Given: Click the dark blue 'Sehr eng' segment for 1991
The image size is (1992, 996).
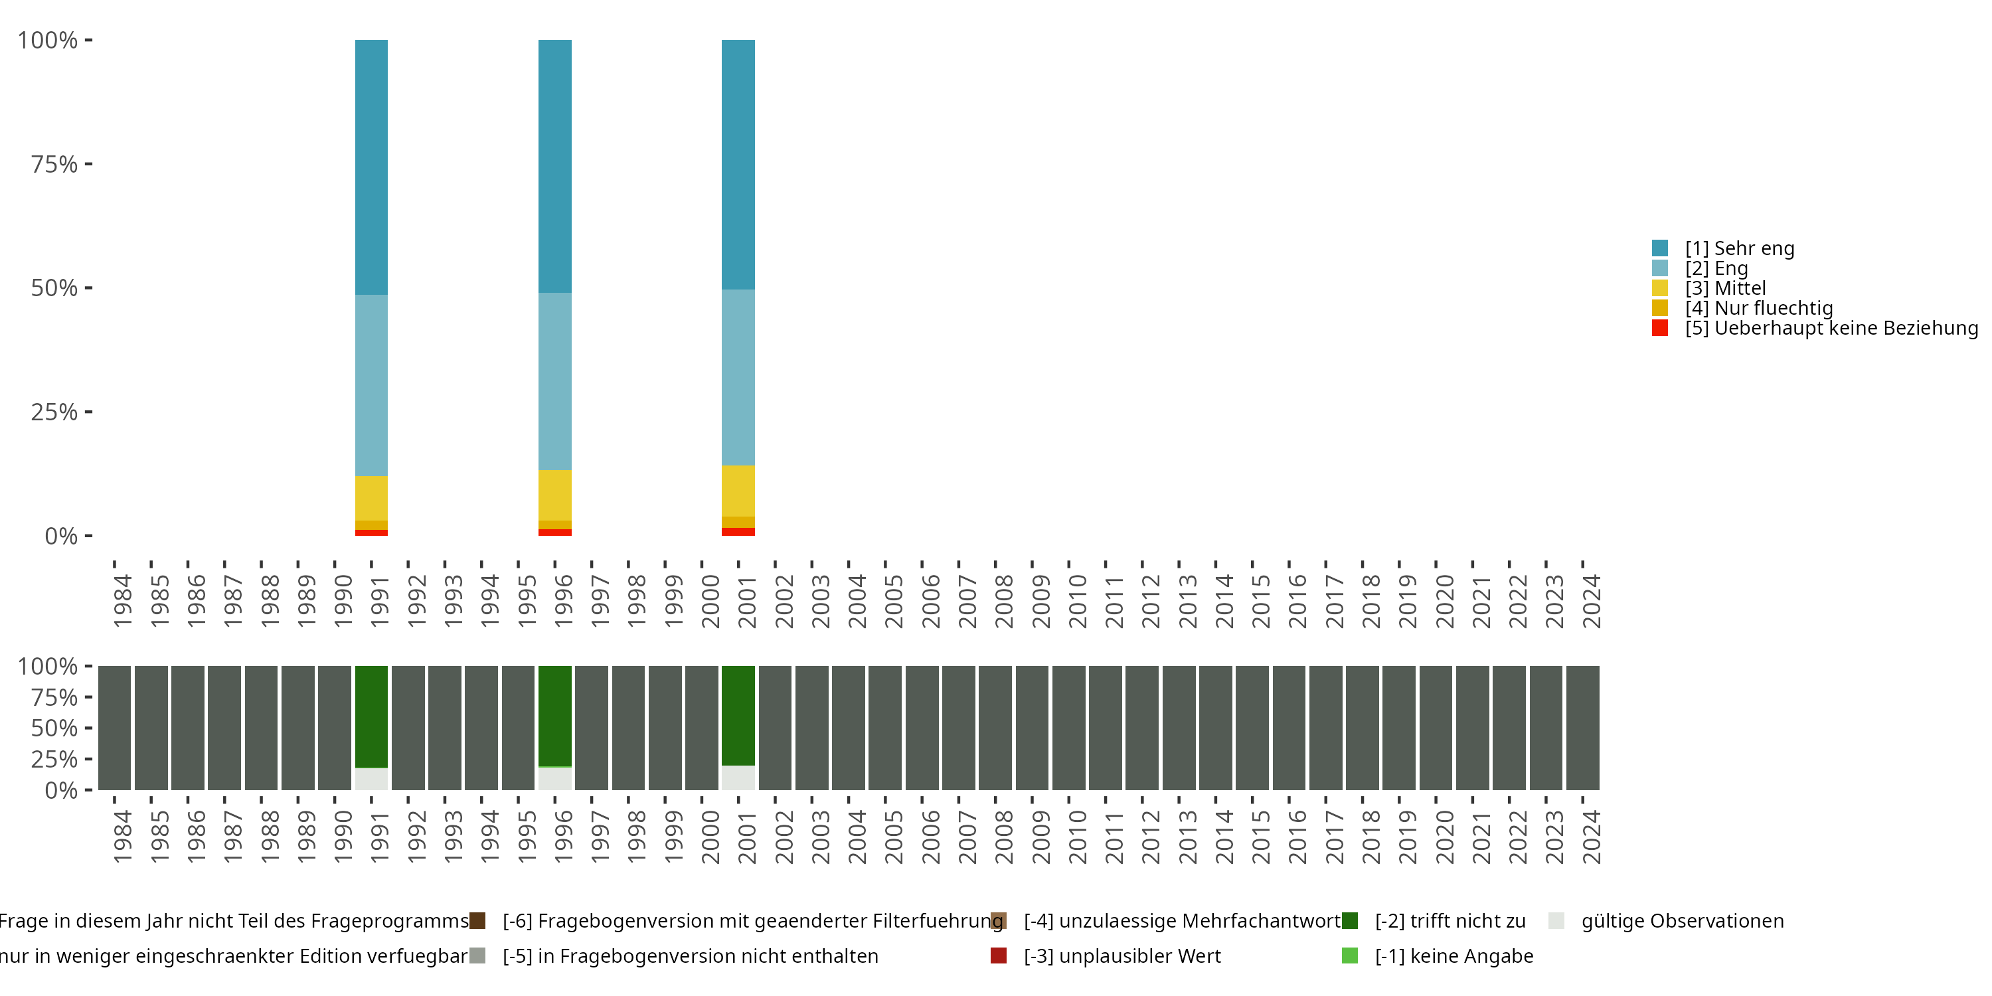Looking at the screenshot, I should [371, 166].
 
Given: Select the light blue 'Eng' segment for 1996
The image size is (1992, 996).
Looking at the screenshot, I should [554, 380].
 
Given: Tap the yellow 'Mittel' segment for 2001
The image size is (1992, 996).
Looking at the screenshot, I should [738, 490].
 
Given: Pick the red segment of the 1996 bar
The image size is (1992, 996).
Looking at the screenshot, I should [554, 532].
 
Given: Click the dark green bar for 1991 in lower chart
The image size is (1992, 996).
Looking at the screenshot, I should [371, 716].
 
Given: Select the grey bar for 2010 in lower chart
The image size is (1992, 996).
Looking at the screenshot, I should [1068, 728].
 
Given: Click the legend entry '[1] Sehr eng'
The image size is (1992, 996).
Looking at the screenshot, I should [1739, 248].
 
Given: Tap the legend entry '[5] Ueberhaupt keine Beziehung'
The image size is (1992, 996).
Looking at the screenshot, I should [1829, 328].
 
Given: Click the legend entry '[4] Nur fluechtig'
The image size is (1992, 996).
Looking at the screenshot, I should [1758, 308].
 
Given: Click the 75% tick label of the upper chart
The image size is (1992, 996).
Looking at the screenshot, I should [54, 164].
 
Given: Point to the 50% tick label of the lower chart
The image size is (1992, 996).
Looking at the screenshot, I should [54, 728].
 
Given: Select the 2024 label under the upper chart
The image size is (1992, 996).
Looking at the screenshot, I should [1591, 601].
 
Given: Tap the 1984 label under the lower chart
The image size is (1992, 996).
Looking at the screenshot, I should [122, 837].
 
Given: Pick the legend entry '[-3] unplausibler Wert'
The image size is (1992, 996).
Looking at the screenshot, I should [1121, 955].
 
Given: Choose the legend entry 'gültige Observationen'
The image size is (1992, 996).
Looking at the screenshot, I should [1682, 921].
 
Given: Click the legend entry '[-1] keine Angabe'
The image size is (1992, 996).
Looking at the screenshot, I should [1453, 955].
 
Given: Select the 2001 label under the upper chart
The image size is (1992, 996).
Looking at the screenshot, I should [746, 601].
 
